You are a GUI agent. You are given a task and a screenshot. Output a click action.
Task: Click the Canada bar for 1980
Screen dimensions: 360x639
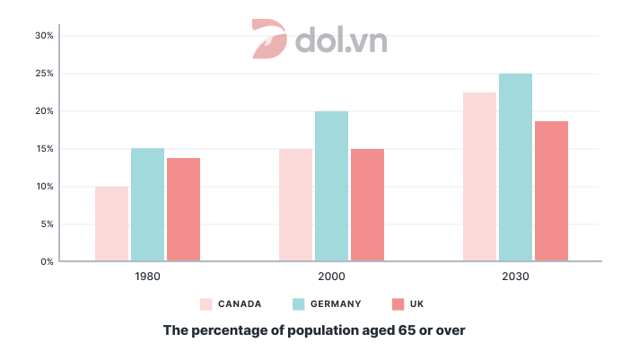click(x=111, y=224)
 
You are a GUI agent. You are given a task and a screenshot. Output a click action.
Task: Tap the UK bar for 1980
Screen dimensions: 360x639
click(x=183, y=209)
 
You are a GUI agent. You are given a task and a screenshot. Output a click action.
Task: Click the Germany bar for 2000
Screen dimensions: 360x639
click(x=331, y=186)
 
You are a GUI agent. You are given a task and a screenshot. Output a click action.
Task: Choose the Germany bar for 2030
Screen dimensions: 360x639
click(x=515, y=167)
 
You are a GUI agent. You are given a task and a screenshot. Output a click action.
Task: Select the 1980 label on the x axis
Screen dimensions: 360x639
click(x=147, y=277)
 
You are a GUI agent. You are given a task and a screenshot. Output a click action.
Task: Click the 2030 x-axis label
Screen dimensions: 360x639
click(x=515, y=277)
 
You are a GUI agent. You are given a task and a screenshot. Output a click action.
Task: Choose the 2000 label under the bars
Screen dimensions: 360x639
click(x=331, y=277)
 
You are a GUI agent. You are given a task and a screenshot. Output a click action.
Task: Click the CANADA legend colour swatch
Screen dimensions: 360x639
click(x=206, y=304)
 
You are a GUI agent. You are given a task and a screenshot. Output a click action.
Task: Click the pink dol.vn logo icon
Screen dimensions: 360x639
click(x=269, y=40)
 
